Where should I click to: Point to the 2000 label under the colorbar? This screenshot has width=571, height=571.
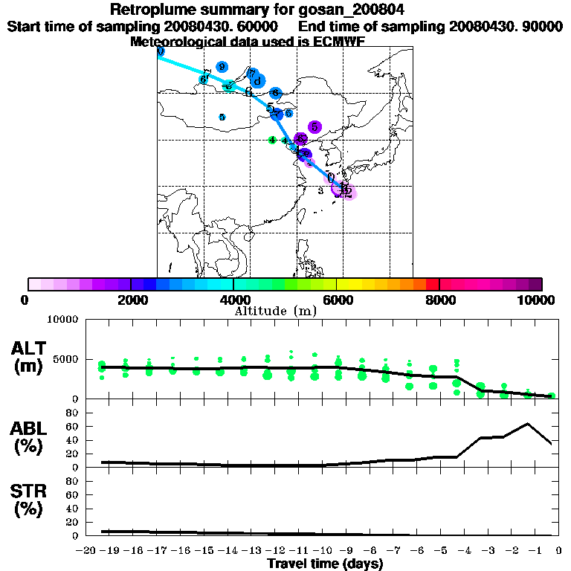point(130,300)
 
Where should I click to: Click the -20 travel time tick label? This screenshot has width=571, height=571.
point(88,551)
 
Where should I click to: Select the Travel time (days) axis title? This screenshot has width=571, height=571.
point(325,564)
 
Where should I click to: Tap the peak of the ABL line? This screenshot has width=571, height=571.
point(527,424)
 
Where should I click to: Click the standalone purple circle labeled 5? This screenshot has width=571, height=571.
point(314,127)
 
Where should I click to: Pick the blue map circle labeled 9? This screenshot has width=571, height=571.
point(222,67)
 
